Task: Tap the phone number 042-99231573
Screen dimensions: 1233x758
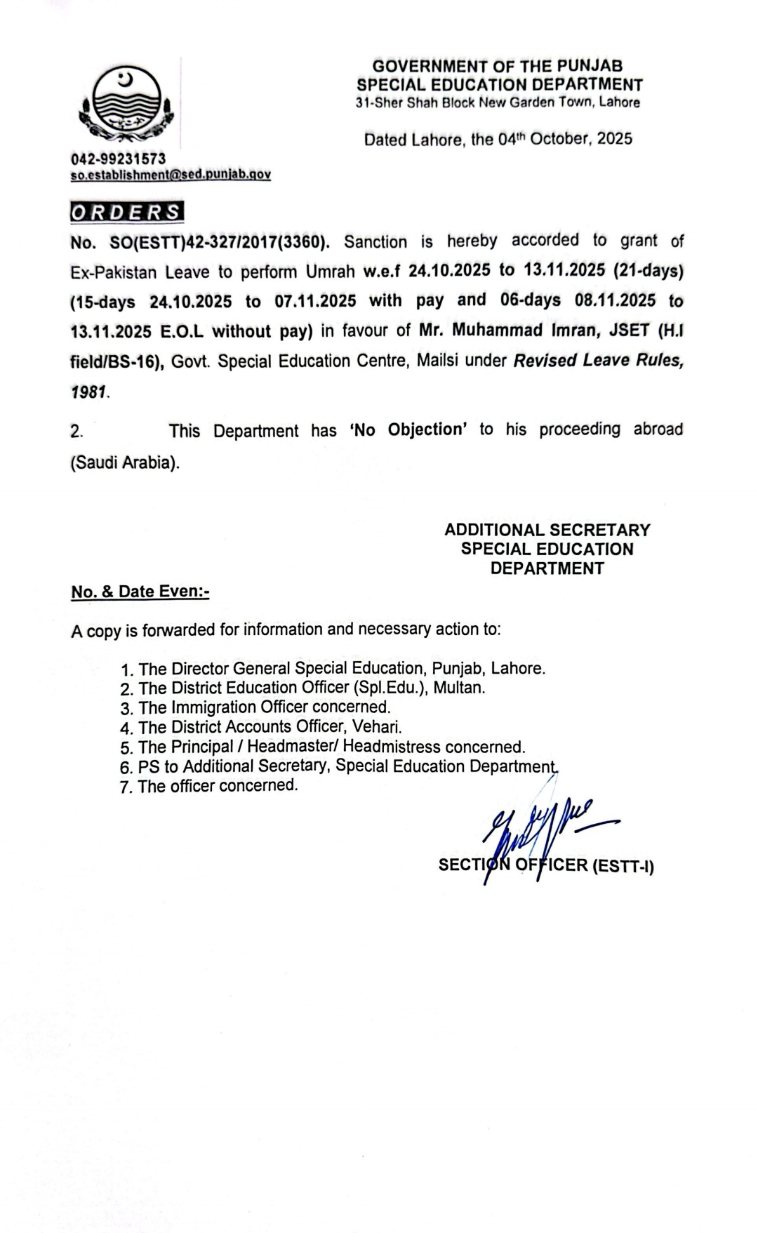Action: (118, 159)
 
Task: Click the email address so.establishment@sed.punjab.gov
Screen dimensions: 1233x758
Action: (171, 174)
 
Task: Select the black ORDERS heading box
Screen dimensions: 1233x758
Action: (127, 213)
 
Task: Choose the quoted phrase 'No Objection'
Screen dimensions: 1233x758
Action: (408, 429)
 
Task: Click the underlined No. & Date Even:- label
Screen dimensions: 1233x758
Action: (140, 592)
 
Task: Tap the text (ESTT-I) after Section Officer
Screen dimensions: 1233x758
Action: (623, 866)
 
